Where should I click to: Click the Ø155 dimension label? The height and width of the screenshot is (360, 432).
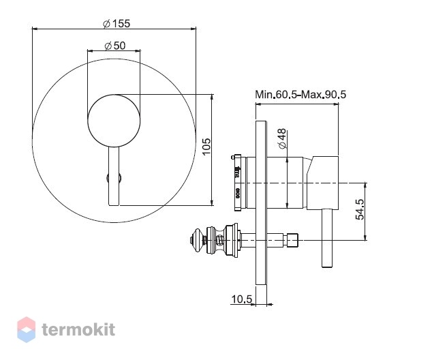117,24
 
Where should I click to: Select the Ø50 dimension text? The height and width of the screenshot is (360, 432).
115,46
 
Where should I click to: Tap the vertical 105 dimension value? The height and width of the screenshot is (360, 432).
206,147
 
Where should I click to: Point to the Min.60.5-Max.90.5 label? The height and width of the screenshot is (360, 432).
300,95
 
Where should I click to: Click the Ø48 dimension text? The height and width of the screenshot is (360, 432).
282,138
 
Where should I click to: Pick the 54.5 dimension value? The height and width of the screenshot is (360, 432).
360,209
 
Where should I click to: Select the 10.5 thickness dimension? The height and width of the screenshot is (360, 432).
242,299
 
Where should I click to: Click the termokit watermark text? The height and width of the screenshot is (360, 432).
78,329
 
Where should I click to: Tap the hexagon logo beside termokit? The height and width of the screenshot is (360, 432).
26,330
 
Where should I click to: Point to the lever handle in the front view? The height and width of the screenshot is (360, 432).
114,176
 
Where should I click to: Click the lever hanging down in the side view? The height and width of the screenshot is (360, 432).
327,238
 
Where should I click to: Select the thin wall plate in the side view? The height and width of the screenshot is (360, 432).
261,202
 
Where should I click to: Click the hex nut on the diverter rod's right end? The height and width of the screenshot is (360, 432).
292,241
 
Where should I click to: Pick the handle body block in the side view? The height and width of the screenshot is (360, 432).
322,182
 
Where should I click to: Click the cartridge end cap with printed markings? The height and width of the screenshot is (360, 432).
238,183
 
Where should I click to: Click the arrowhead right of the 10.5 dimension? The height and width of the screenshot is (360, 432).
270,304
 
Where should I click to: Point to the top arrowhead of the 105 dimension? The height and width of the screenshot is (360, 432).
212,97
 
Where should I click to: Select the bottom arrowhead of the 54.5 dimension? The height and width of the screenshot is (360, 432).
365,237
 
